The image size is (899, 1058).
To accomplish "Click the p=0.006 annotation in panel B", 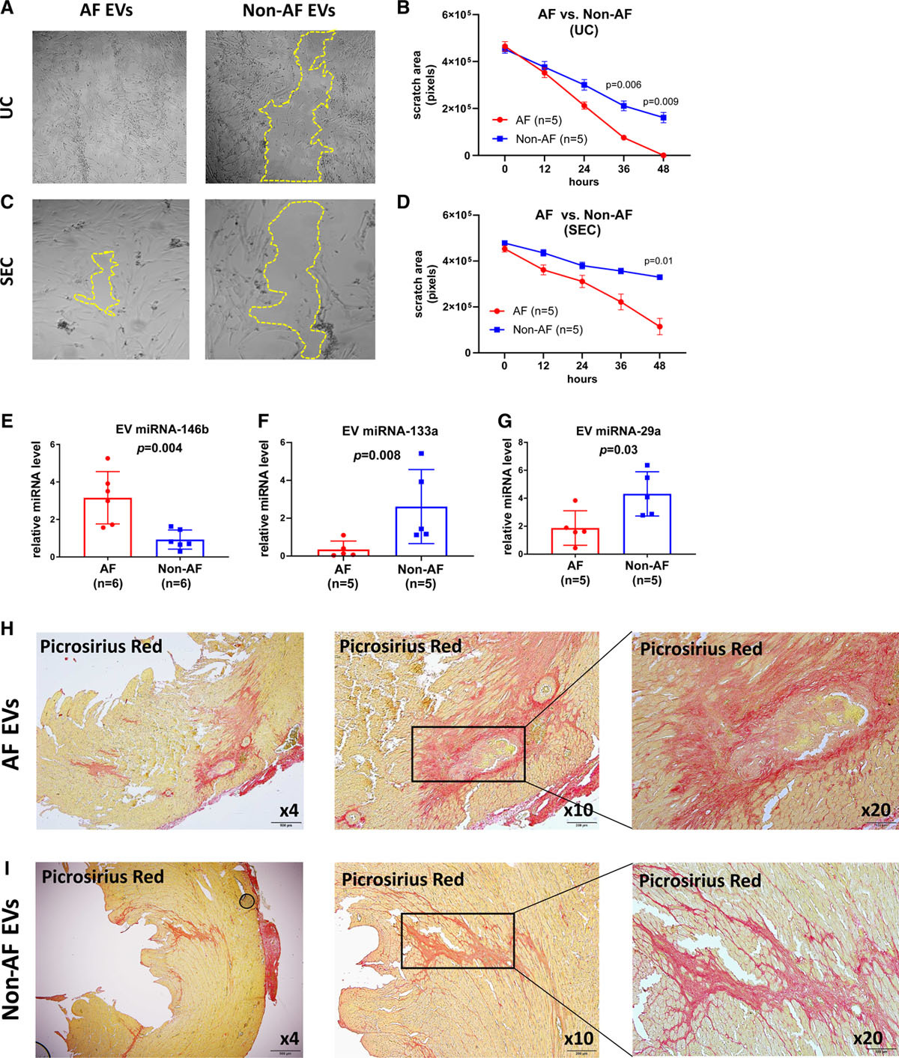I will (x=623, y=85).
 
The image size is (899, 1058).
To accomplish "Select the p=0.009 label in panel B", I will (x=660, y=102).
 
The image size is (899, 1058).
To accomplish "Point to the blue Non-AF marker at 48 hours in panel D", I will (x=659, y=277).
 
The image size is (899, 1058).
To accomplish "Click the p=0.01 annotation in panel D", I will (x=659, y=261).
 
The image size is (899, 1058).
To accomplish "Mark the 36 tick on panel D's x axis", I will (x=621, y=365).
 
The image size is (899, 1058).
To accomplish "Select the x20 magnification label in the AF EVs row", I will (x=876, y=810).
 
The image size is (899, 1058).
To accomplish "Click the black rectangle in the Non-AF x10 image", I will (x=458, y=914).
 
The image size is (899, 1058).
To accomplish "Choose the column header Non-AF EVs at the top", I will (x=289, y=11).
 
